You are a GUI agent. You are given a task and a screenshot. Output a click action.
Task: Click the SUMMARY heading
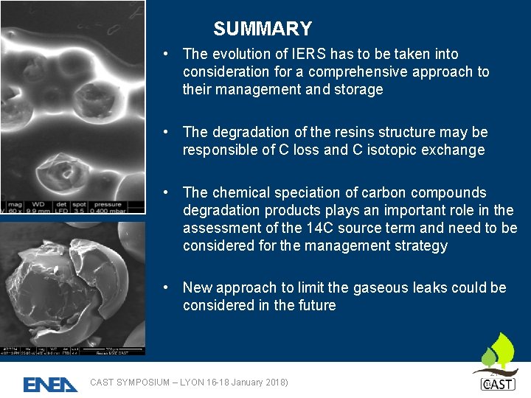tap(263, 29)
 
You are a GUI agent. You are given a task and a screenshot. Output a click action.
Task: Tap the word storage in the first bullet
tap(358, 90)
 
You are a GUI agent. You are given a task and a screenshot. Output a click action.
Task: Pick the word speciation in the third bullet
tap(308, 193)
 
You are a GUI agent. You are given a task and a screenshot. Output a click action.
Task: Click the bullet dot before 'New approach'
tap(169, 288)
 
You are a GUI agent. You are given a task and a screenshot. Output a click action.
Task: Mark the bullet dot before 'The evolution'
tap(169, 55)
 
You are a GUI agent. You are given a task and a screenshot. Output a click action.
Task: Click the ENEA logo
tap(50, 384)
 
